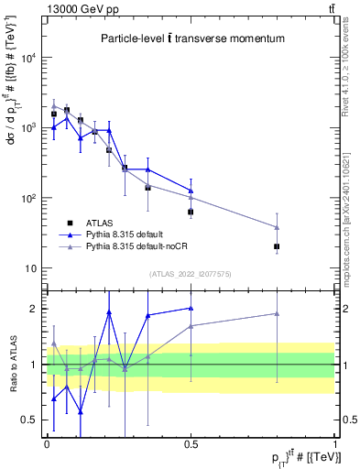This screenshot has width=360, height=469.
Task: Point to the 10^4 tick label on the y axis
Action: tap(30, 58)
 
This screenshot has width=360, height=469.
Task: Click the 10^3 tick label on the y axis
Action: tap(30, 128)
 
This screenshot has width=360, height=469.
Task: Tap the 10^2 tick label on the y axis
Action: tap(30, 199)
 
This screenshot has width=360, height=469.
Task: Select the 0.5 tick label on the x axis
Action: tap(191, 442)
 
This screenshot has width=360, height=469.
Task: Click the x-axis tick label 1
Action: tap(335, 442)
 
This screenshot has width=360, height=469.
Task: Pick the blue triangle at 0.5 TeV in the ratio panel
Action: tap(191, 309)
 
